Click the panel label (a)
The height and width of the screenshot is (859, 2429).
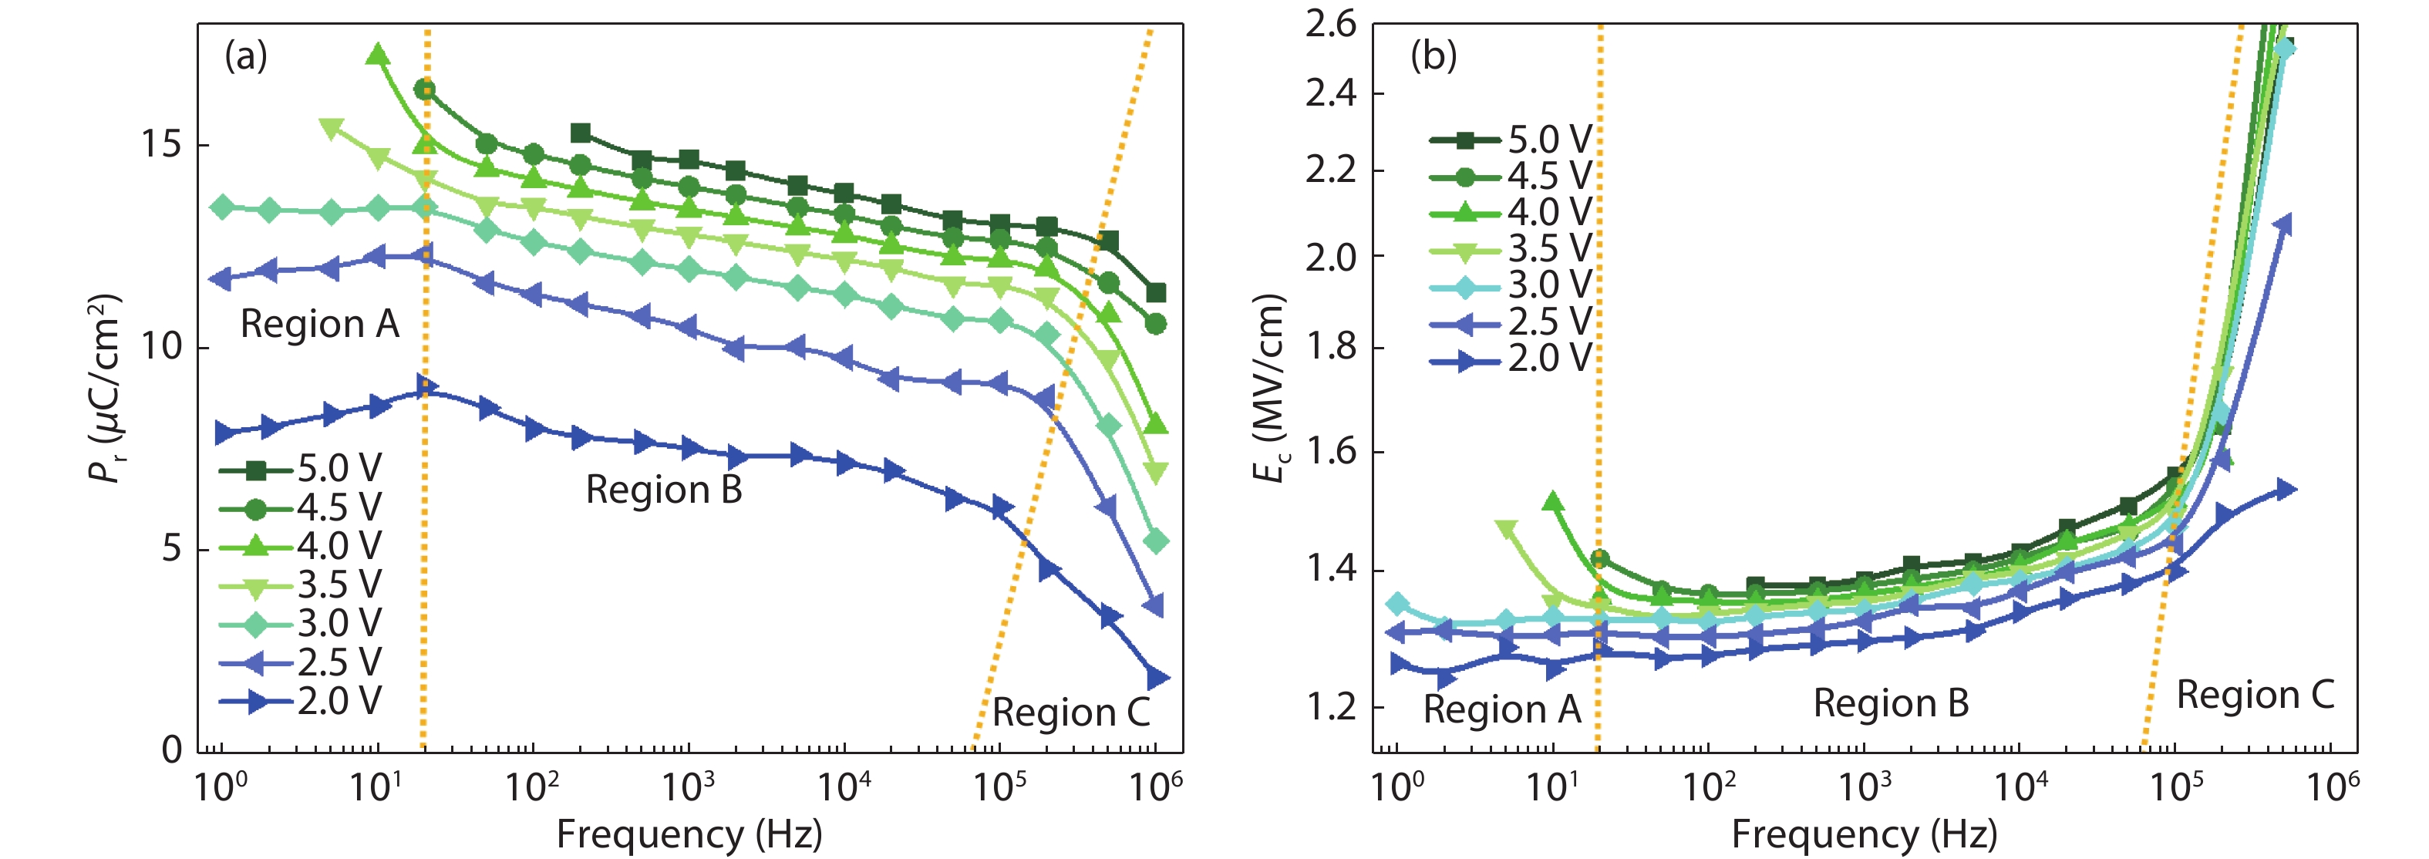point(246,56)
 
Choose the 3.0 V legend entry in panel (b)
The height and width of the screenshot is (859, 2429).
point(1510,285)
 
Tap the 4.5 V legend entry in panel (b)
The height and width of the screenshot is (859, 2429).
point(1510,175)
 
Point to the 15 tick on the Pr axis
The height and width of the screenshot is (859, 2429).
point(161,144)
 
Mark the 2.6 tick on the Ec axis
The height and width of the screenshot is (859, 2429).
point(1330,24)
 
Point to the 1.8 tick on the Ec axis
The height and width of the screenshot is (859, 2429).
point(1330,347)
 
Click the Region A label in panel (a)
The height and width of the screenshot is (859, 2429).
point(320,325)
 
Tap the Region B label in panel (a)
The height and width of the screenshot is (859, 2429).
point(664,490)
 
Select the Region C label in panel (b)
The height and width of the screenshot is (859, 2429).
point(2255,695)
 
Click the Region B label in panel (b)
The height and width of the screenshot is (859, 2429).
point(1891,703)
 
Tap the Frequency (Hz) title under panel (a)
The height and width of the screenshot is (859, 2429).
point(689,834)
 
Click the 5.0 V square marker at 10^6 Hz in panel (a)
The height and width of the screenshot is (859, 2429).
point(1155,293)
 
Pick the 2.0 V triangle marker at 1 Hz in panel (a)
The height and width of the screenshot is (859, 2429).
point(224,433)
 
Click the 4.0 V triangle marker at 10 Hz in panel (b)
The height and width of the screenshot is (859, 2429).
point(1553,502)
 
